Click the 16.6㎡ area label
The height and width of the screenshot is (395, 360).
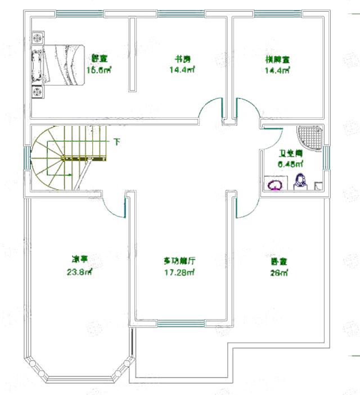(99, 70)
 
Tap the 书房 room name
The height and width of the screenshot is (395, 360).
(178, 58)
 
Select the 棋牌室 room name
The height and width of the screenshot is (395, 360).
(276, 58)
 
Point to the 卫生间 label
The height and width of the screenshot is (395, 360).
(291, 153)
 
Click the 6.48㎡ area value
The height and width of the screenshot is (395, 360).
(291, 164)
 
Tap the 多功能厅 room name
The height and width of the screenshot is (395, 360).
(179, 261)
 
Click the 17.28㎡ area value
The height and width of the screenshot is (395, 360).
(179, 274)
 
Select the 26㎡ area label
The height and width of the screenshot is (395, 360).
(279, 274)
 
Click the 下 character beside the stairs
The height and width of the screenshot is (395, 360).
(117, 142)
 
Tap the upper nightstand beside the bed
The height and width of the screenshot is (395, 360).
(38, 38)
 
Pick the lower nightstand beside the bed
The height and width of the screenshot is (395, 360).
(38, 92)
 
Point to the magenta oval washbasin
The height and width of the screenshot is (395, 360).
(276, 184)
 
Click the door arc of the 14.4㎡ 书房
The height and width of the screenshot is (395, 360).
(211, 108)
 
